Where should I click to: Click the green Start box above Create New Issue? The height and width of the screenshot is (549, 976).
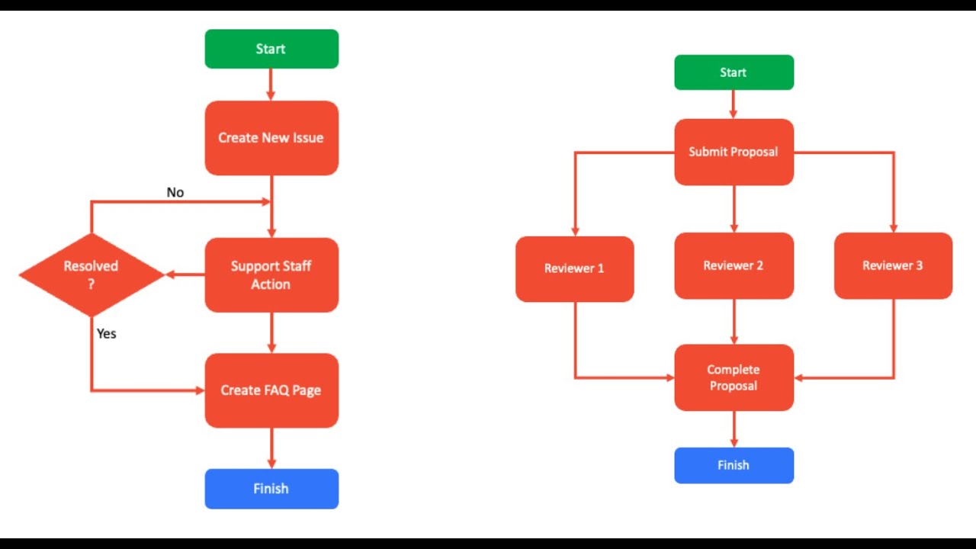271,49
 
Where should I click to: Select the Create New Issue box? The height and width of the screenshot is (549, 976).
271,138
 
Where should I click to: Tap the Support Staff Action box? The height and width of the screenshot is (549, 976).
271,275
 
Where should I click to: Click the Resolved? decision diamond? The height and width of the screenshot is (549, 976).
91,274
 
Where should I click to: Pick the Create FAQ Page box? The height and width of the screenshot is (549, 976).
271,390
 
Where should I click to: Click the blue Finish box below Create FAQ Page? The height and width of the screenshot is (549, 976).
271,489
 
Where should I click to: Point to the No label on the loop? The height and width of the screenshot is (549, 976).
175,192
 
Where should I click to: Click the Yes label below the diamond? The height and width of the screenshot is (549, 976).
107,333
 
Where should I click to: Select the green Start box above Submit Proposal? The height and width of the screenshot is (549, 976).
734,72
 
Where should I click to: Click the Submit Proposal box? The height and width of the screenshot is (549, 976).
734,152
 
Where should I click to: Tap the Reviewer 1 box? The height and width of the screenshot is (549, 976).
574,268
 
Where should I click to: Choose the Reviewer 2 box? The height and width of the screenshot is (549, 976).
734,265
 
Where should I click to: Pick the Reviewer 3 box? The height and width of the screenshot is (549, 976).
893,265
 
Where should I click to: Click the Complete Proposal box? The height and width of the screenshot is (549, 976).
734,377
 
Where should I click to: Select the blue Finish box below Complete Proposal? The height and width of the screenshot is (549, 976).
734,465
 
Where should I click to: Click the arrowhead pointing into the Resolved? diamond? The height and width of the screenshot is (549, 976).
172,274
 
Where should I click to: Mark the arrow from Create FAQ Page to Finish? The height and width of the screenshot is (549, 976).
271,448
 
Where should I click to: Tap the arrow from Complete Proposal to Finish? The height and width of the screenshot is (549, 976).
734,429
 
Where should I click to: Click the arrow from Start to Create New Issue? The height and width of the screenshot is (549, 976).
271,85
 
